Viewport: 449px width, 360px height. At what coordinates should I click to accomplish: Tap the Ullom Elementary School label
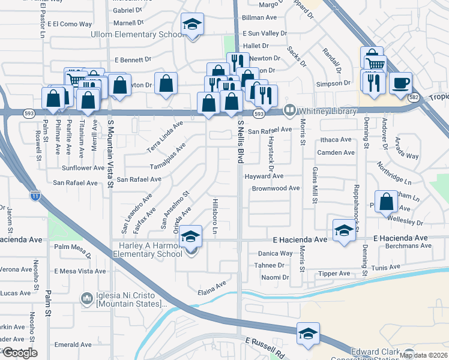click(136, 34)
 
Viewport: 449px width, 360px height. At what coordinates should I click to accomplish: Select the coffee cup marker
click(400, 84)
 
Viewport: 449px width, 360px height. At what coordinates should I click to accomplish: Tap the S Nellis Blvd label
click(241, 140)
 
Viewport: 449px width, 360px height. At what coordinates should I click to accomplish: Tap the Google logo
click(19, 353)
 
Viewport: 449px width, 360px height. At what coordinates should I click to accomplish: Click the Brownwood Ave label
click(276, 188)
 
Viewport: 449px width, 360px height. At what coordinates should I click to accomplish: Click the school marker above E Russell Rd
click(308, 334)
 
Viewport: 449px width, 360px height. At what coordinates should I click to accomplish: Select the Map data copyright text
click(423, 355)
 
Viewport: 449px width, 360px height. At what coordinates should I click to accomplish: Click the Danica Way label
click(276, 254)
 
